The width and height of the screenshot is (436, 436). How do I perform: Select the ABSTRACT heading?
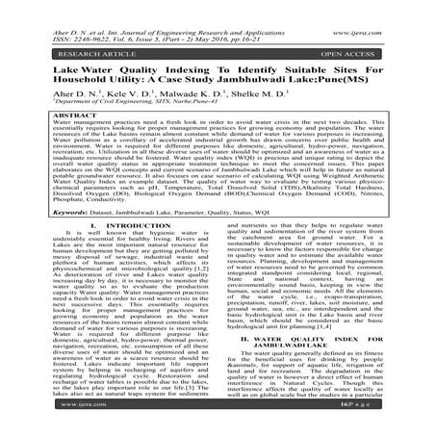tap(38, 115)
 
